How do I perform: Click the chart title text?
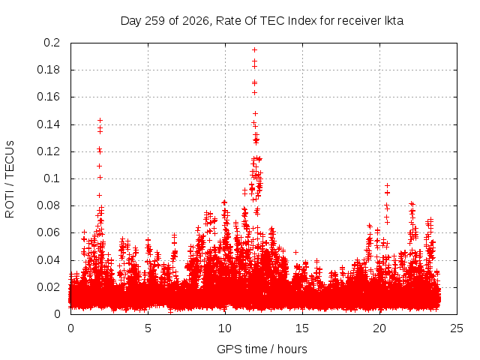coord(262,21)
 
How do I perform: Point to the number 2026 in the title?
coord(196,21)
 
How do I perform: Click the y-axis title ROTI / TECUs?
coord(10,179)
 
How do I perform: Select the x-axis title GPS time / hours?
coord(262,349)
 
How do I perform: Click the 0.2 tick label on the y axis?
coord(52,43)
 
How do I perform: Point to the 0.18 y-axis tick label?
coord(49,70)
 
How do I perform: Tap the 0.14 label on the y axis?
coord(49,124)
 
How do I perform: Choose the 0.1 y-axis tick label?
coord(52,178)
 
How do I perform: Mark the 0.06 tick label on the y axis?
coord(49,232)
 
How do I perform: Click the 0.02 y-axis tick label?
coord(49,287)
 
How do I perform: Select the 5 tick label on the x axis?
coord(148,328)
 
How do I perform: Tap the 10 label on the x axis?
coord(225,328)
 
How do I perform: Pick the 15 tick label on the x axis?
coord(302,328)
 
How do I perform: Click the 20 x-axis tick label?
coord(379,328)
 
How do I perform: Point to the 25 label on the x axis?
coord(457,328)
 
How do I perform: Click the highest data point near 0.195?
coord(254,50)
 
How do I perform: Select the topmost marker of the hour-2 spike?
coord(100,120)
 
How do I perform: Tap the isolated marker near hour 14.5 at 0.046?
coord(295,252)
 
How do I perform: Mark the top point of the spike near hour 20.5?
coord(387,185)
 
